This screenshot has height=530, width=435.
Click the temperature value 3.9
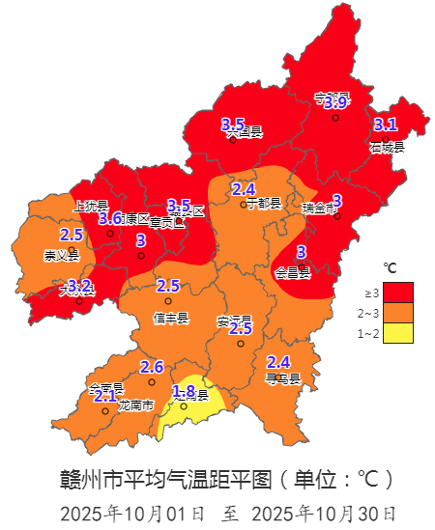335,102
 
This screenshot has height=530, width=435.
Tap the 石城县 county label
386,147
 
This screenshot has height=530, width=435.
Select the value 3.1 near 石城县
385,124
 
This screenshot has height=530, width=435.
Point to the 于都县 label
262,204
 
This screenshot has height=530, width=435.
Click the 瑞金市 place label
321,207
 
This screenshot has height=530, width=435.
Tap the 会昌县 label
293,273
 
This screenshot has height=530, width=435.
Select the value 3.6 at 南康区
110,218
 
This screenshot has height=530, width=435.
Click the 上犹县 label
90,205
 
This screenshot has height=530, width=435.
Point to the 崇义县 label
61,256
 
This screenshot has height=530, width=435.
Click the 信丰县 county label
171,318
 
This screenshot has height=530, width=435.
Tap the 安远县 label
234,320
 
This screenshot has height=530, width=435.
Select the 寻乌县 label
282,378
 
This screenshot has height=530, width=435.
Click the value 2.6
152,367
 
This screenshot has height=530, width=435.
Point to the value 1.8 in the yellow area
184,390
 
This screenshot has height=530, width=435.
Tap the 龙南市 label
135,405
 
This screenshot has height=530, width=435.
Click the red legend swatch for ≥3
398,292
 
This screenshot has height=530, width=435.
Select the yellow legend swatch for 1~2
398,333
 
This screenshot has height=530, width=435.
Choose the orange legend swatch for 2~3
398,313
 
